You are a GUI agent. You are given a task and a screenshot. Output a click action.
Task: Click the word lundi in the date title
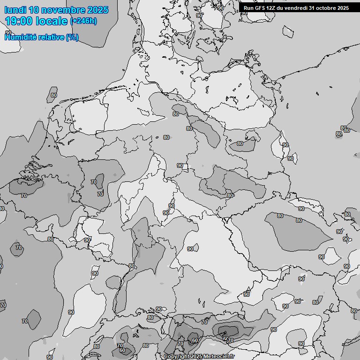[x=15, y=10]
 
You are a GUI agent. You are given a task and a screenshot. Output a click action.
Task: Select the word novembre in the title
[x=63, y=10]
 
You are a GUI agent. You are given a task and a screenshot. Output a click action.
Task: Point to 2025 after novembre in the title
[x=97, y=10]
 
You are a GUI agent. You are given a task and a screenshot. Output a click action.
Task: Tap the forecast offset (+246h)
[x=83, y=21]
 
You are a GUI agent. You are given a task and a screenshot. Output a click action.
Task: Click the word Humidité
[x=20, y=37]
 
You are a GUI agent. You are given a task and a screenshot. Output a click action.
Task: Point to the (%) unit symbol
[x=72, y=37]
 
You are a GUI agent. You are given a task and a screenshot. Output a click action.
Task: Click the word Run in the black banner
[x=249, y=8]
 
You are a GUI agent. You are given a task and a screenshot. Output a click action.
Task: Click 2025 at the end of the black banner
[x=343, y=8]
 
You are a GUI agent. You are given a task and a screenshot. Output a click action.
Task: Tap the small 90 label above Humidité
[x=8, y=32]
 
